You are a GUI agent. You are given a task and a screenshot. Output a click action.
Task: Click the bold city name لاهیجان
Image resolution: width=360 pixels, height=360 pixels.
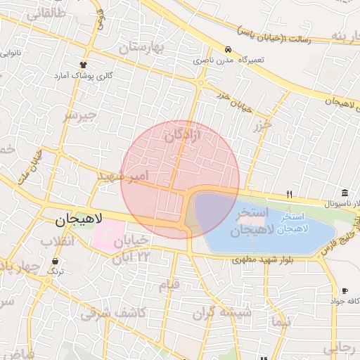click(79, 219)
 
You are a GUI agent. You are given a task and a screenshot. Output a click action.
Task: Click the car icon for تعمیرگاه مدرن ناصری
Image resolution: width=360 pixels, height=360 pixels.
click(229, 50)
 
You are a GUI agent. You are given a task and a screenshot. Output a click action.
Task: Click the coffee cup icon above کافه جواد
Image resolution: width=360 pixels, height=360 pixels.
click(345, 291)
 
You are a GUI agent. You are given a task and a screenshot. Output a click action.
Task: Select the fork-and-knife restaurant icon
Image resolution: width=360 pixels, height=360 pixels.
click(289, 194)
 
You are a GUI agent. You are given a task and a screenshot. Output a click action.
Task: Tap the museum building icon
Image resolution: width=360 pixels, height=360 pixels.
click(345, 193)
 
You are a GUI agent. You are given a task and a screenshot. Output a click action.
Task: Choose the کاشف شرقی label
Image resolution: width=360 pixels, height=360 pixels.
click(113, 313)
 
